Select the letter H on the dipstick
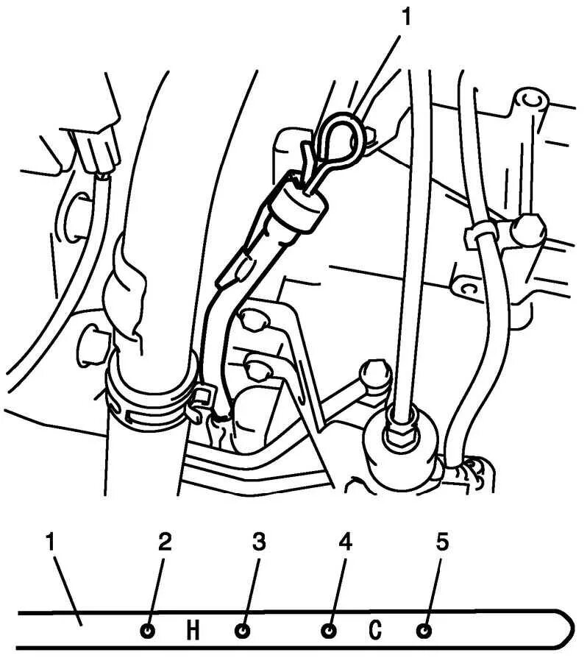[193, 630]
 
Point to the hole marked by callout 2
[148, 630]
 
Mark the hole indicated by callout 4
[330, 630]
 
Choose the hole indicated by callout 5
[423, 630]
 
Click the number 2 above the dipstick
[165, 542]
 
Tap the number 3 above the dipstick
[259, 542]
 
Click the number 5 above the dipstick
[441, 542]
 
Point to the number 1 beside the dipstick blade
[50, 542]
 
